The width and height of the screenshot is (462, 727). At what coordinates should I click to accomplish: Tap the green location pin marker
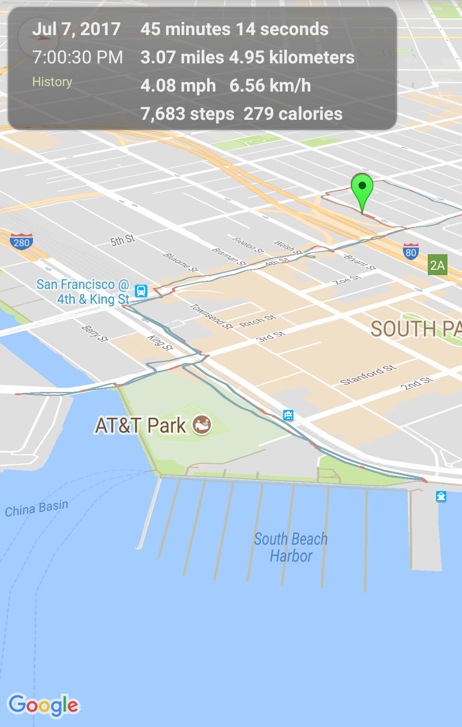(x=362, y=188)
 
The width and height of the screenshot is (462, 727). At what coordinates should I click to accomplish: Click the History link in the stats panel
(x=52, y=82)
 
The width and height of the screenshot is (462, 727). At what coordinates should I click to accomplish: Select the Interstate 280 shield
(x=21, y=242)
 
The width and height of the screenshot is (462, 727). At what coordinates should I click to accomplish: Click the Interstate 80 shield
(x=411, y=252)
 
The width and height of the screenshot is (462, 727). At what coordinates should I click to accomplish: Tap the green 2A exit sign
(x=437, y=265)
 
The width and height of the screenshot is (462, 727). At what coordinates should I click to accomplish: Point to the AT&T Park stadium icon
(x=202, y=425)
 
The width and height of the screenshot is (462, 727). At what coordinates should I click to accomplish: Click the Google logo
(x=44, y=705)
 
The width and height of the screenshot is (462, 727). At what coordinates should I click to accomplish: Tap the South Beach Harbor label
(x=291, y=547)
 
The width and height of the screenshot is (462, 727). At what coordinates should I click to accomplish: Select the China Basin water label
(x=36, y=508)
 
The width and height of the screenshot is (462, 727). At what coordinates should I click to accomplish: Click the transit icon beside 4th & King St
(x=141, y=291)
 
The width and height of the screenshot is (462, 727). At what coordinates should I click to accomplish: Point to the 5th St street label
(x=122, y=240)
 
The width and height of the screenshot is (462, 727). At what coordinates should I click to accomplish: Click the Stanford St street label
(x=367, y=375)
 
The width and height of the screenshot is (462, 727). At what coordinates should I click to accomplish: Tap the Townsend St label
(x=211, y=316)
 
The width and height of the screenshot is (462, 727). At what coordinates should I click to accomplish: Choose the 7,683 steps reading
(x=187, y=114)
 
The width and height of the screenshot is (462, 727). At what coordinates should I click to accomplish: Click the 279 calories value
(x=293, y=114)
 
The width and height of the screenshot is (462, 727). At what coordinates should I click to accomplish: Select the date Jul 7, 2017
(x=76, y=29)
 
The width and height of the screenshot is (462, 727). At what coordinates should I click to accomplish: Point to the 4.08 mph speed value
(x=178, y=86)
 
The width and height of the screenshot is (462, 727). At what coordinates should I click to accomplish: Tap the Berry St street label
(x=95, y=333)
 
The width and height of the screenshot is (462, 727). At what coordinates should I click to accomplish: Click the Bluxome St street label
(x=181, y=262)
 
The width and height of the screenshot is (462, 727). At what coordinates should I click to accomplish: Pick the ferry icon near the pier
(x=441, y=496)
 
